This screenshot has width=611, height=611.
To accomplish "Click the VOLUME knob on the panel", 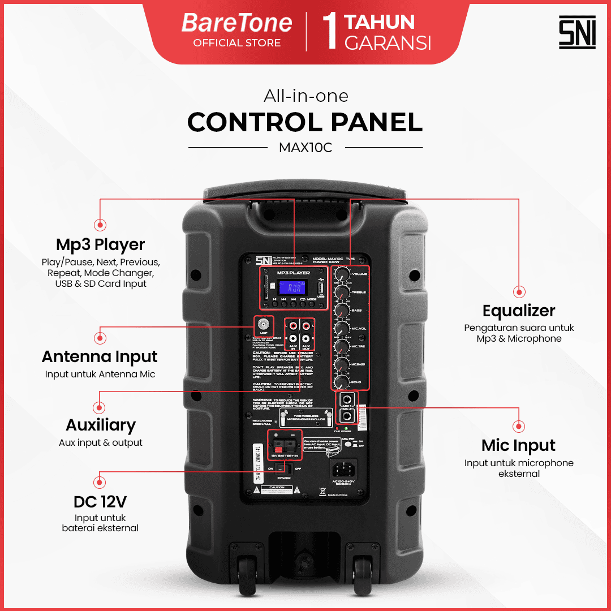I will (x=342, y=274).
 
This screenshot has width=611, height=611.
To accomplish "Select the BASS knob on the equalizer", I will (x=342, y=311).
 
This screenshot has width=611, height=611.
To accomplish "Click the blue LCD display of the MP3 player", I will (x=294, y=287).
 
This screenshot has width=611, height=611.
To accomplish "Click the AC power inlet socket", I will (x=343, y=469).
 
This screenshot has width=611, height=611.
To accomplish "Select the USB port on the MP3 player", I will (x=321, y=285).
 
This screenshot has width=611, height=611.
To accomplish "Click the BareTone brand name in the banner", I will (x=236, y=23).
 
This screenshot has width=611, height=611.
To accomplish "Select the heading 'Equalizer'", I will (x=519, y=311).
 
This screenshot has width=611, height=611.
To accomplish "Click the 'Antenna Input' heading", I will (x=100, y=357).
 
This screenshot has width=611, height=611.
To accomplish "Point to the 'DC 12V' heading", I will (x=100, y=502).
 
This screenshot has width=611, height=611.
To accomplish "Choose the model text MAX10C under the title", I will (x=305, y=148).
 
